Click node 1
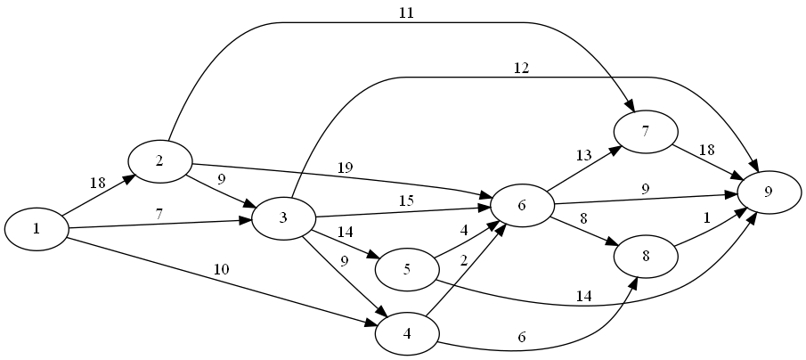point(37,229)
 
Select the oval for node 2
point(159,161)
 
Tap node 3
point(283,218)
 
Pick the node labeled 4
point(407,334)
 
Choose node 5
point(407,270)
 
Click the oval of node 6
point(522,206)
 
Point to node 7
point(646,131)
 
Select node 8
point(646,256)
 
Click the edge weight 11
point(408,13)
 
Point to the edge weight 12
point(522,69)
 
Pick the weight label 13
point(583,156)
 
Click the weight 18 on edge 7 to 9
point(707,150)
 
